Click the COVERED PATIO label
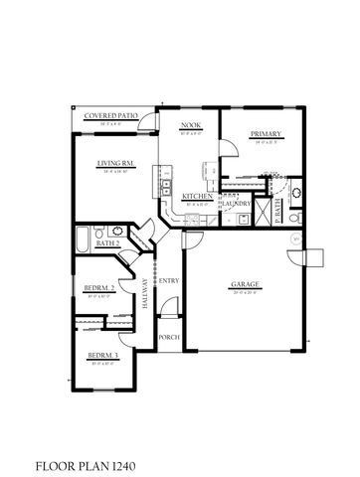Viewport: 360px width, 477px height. click(x=110, y=115)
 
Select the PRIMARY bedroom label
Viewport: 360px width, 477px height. click(x=266, y=134)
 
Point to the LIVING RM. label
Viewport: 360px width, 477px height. click(x=115, y=164)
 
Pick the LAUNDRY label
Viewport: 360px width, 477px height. click(x=237, y=204)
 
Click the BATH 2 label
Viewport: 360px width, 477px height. click(x=107, y=242)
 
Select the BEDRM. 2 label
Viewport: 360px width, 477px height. click(x=101, y=288)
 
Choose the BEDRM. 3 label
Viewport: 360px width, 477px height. click(x=103, y=355)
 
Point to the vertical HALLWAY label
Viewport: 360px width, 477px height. click(x=144, y=295)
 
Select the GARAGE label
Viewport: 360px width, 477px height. click(x=245, y=284)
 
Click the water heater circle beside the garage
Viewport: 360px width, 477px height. click(x=294, y=240)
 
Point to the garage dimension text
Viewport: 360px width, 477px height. click(x=245, y=293)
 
